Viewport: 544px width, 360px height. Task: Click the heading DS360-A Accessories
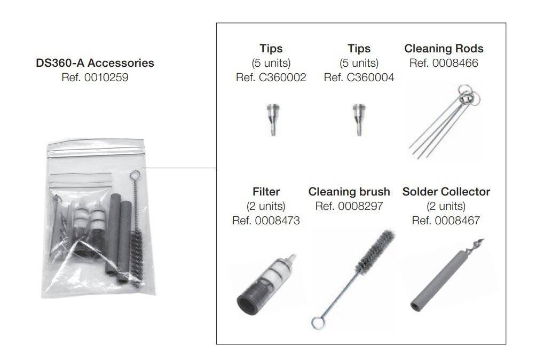pyautogui.click(x=94, y=63)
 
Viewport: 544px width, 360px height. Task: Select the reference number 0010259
pyautogui.click(x=94, y=77)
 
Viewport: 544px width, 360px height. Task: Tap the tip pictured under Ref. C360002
pyautogui.click(x=271, y=120)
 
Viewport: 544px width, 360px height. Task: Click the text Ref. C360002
pyautogui.click(x=271, y=77)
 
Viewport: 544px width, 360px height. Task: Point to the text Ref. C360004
pyautogui.click(x=359, y=77)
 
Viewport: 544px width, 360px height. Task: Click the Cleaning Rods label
pyautogui.click(x=444, y=49)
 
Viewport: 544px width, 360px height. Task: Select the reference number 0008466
pyautogui.click(x=444, y=63)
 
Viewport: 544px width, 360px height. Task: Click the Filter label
pyautogui.click(x=266, y=191)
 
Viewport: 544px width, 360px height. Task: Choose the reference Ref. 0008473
pyautogui.click(x=266, y=220)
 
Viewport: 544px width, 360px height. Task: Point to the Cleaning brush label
pyautogui.click(x=349, y=191)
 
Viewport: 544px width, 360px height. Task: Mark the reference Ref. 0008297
pyautogui.click(x=349, y=206)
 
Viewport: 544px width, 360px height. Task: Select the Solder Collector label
pyautogui.click(x=446, y=191)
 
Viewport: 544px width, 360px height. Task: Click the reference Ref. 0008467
pyautogui.click(x=446, y=220)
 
